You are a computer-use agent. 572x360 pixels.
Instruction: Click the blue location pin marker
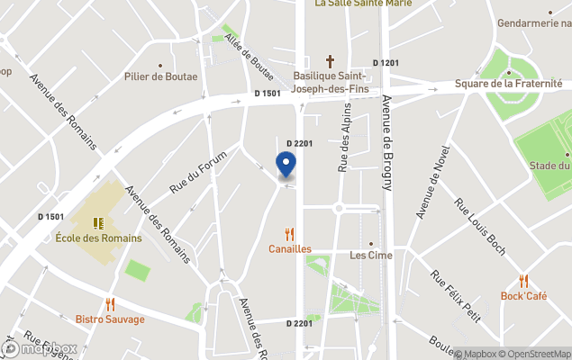tap(286, 165)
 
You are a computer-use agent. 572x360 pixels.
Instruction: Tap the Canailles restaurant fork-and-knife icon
tap(289, 234)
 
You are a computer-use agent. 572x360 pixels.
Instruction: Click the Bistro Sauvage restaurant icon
tap(110, 305)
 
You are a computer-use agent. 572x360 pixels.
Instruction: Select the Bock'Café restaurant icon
tap(523, 282)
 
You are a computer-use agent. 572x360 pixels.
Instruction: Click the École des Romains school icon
tap(99, 222)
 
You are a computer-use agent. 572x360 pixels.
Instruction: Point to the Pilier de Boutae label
tap(162, 76)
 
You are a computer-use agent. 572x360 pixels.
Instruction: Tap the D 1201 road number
tap(389, 62)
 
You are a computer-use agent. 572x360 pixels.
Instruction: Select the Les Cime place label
tap(370, 255)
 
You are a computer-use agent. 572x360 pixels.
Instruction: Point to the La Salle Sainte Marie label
tap(363, 4)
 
